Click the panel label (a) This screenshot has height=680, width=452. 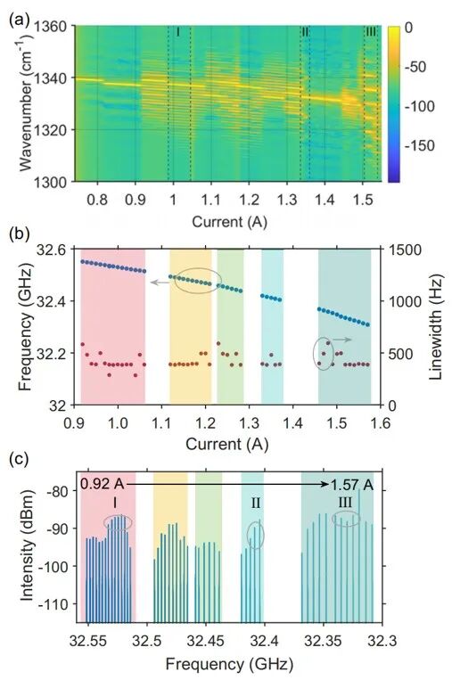(18, 20)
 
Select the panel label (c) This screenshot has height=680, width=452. (18, 459)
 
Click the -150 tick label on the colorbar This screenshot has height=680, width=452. (420, 145)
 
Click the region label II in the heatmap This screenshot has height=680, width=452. (305, 32)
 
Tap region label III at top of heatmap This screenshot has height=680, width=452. (371, 32)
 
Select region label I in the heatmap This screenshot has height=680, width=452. (177, 32)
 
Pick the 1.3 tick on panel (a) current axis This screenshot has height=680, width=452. (286, 200)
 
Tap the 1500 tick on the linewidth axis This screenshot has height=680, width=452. (402, 250)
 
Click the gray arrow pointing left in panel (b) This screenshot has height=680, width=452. (160, 283)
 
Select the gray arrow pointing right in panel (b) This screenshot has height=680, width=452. (342, 340)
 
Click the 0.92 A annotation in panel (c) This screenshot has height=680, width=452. (103, 484)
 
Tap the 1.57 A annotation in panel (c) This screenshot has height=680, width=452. (352, 485)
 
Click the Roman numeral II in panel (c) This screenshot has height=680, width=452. (256, 503)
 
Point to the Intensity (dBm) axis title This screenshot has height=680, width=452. (27, 545)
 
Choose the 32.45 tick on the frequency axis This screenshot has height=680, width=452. (206, 641)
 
